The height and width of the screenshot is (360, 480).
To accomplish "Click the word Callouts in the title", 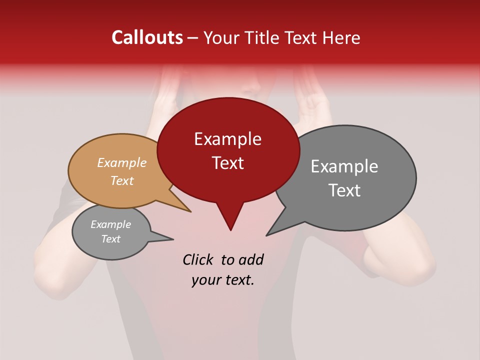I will pyautogui.click(x=147, y=37).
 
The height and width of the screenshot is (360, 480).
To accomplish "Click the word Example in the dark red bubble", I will pyautogui.click(x=227, y=139).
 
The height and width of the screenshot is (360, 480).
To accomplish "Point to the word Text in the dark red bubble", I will pyautogui.click(x=227, y=163).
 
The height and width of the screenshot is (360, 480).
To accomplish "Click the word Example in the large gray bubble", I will pyautogui.click(x=344, y=166).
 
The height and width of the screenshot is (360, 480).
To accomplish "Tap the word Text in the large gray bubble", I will pyautogui.click(x=344, y=190).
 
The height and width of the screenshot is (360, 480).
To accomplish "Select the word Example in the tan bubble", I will pyautogui.click(x=121, y=162).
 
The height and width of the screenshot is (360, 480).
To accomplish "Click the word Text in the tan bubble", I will pyautogui.click(x=121, y=180).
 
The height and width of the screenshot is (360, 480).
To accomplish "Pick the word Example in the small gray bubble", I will pyautogui.click(x=110, y=224).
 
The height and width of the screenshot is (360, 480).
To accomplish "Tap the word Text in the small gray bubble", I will pyautogui.click(x=110, y=239).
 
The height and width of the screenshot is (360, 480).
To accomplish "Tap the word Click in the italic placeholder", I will pyautogui.click(x=199, y=259).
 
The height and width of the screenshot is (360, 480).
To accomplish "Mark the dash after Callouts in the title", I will pyautogui.click(x=193, y=38).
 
